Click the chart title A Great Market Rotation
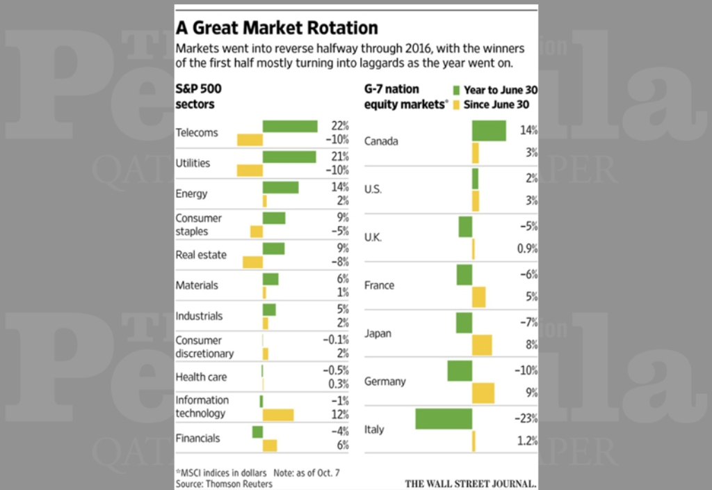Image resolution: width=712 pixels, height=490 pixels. click(277, 28)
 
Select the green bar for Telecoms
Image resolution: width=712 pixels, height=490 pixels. click(290, 126)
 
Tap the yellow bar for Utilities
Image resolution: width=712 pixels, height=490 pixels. click(250, 170)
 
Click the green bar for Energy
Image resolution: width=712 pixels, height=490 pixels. click(280, 187)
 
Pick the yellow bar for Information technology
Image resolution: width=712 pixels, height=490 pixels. click(278, 415)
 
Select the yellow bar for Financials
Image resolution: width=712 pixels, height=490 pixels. click(270, 445)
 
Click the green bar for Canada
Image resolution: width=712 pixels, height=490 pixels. click(489, 131)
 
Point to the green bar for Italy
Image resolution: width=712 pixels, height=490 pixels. click(444, 419)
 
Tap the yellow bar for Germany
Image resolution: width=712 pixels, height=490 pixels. click(483, 393)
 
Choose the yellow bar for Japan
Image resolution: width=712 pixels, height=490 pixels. click(482, 345)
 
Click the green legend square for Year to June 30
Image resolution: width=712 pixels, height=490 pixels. click(456, 90)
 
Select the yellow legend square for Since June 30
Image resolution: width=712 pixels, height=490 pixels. click(456, 105)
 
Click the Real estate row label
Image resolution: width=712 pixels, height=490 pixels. click(201, 255)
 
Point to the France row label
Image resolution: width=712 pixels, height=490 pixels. click(379, 285)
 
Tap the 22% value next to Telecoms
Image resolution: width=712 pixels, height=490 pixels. click(339, 126)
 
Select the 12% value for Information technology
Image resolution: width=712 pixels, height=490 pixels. click(339, 415)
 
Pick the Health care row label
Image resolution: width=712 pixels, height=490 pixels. click(201, 377)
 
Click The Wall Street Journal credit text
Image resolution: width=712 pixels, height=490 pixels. click(471, 482)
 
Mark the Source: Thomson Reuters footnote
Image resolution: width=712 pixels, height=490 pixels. click(224, 484)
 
